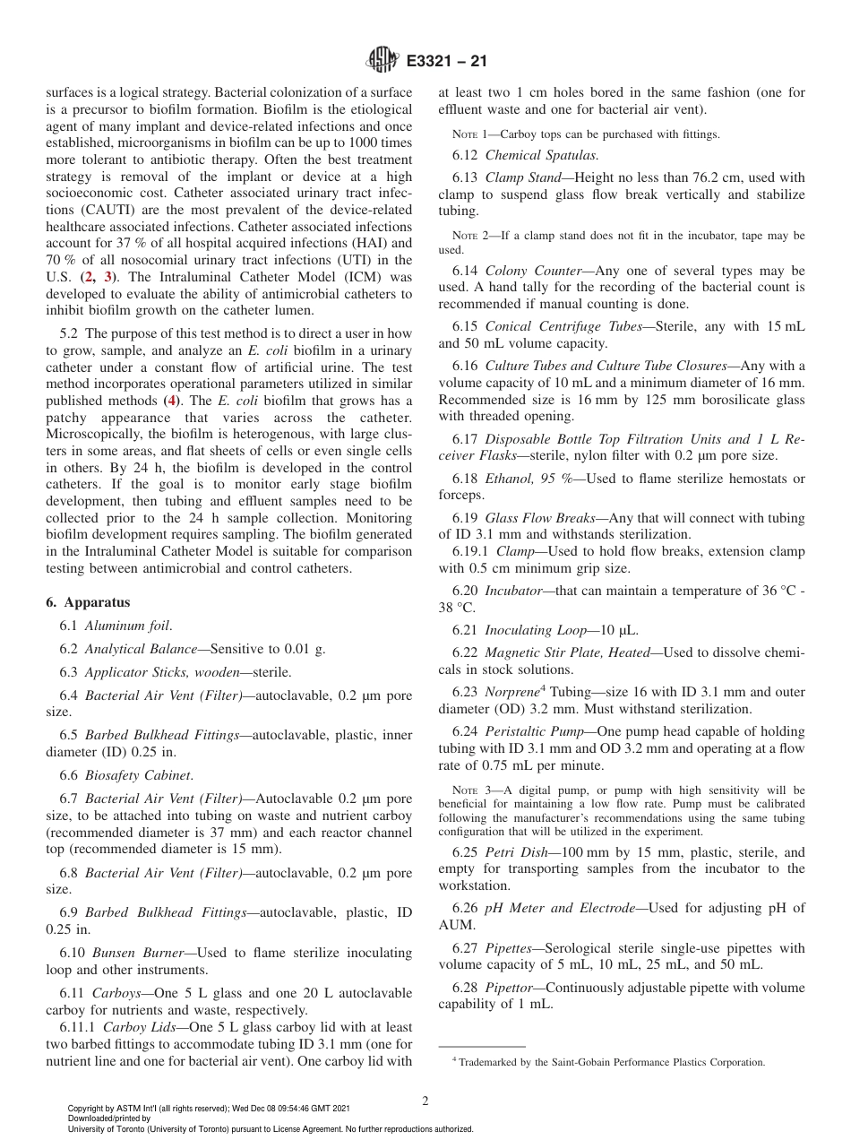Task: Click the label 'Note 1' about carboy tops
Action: click(469, 134)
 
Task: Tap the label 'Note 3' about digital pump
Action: click(469, 790)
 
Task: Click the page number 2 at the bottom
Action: click(425, 1101)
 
